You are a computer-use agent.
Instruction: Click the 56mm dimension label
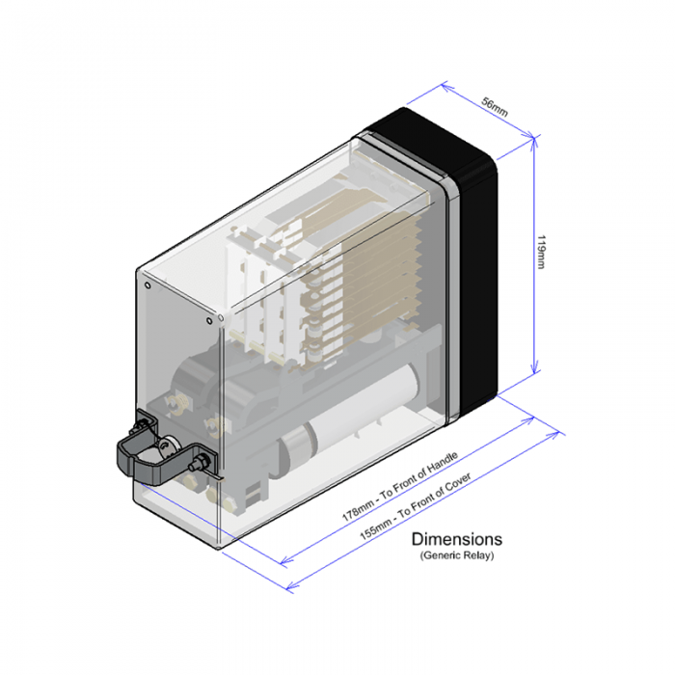[x=495, y=109]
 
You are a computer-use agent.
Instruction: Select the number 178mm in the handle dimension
[x=359, y=509]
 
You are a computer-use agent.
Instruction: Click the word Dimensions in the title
[x=456, y=539]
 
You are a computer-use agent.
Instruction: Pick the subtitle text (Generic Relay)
[x=456, y=556]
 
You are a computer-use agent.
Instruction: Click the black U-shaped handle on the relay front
[x=140, y=453]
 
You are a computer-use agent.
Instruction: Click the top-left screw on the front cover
[x=147, y=285]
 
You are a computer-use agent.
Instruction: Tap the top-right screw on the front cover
[x=221, y=314]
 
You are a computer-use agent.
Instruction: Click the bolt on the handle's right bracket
[x=201, y=464]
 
